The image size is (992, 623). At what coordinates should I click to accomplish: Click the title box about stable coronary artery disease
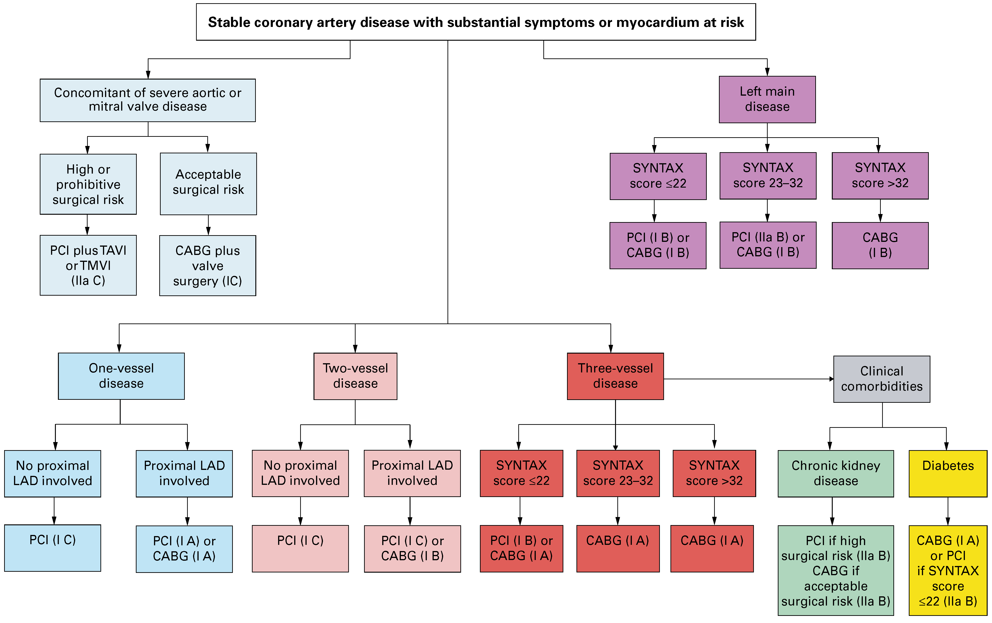(476, 22)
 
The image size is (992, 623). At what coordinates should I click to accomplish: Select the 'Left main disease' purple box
(767, 99)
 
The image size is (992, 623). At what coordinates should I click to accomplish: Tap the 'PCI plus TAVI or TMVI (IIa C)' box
(88, 265)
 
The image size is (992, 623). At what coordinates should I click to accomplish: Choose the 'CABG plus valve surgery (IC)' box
(208, 266)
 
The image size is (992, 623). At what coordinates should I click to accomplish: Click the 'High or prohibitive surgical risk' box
(88, 184)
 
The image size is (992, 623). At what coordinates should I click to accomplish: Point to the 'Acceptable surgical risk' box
(208, 184)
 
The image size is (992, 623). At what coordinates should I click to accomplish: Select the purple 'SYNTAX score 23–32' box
(768, 176)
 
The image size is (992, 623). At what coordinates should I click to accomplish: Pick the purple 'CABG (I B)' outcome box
(880, 246)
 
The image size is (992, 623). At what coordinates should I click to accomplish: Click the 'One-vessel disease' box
(121, 376)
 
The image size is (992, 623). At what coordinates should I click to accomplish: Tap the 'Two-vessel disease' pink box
(355, 376)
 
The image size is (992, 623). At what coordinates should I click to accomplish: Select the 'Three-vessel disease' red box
(615, 376)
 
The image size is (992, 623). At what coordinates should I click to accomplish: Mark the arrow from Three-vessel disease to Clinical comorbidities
(748, 379)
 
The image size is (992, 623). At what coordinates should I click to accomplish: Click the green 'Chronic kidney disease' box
(835, 473)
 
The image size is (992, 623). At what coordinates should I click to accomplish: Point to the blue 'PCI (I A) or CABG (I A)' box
(184, 549)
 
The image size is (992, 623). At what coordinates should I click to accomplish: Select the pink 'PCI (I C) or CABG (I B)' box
(412, 549)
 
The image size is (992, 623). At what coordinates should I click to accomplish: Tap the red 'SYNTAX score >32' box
(714, 473)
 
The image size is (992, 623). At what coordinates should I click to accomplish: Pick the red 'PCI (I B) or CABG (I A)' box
(521, 549)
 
